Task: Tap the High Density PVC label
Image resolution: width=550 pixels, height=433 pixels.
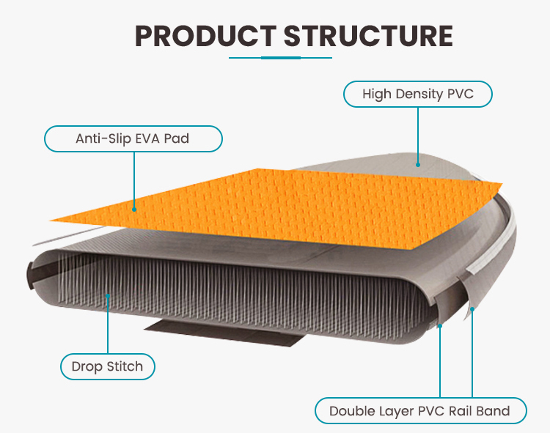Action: click(417, 95)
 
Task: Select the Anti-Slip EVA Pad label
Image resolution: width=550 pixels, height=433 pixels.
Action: click(133, 138)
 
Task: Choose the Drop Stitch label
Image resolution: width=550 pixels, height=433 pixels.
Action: click(107, 366)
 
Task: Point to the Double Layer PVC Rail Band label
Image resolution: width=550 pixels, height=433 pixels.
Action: click(419, 410)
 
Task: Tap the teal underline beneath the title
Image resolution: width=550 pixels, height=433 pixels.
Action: click(282, 57)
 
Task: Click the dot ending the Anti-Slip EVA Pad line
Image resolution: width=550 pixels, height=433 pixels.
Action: click(134, 209)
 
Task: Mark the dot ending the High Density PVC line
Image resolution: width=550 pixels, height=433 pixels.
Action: click(417, 163)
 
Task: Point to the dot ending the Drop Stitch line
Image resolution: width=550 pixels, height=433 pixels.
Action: click(108, 297)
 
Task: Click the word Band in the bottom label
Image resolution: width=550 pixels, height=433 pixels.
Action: click(494, 410)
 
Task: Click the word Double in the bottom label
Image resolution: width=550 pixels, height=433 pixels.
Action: click(351, 410)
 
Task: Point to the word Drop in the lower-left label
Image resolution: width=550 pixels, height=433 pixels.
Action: click(86, 366)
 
